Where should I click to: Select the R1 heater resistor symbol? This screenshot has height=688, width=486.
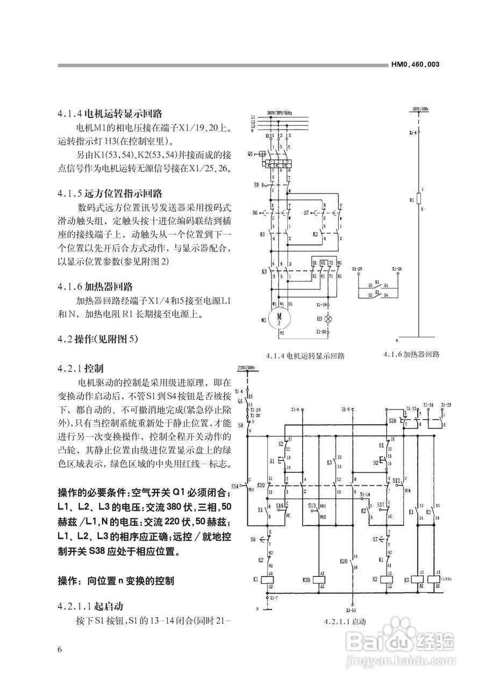[x=419, y=200]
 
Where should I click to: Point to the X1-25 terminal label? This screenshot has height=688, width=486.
[x=357, y=268]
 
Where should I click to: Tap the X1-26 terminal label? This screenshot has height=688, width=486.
[x=397, y=268]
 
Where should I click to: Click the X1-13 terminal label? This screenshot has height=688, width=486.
[x=351, y=610]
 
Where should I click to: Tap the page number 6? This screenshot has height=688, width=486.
[x=60, y=649]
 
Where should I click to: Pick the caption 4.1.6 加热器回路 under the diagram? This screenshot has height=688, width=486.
[x=412, y=354]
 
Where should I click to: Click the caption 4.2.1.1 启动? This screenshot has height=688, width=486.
[x=345, y=621]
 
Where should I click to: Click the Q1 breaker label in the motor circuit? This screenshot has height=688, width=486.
[x=251, y=153]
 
